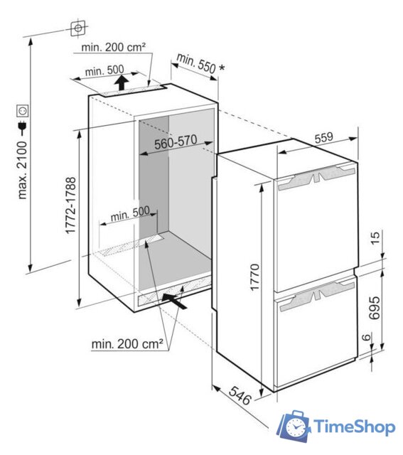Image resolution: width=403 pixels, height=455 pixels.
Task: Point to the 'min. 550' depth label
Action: tap(196, 63)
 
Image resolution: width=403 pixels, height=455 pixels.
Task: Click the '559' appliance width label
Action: tap(324, 139)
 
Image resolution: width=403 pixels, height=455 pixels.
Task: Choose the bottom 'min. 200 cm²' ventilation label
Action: tap(128, 344)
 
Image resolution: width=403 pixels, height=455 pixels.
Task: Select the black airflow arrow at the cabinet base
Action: tap(176, 299)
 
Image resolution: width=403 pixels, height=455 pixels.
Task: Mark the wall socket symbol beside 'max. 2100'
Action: tap(23, 112)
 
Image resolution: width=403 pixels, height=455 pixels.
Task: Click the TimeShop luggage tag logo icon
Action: tap(293, 427)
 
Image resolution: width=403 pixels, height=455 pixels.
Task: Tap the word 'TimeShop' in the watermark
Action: tap(354, 427)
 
